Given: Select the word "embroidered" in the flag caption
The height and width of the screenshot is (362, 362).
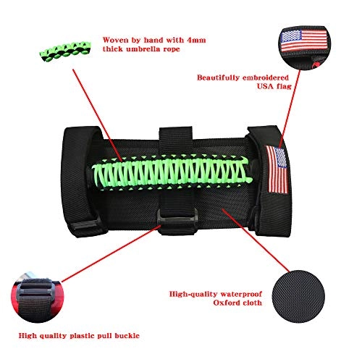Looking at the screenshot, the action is pyautogui.click(x=266, y=77).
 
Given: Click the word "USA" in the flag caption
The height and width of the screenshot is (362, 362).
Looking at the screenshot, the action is pyautogui.click(x=264, y=86).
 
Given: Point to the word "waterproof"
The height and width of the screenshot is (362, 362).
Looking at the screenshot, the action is pyautogui.click(x=241, y=295).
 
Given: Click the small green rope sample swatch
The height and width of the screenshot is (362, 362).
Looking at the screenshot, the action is pyautogui.click(x=65, y=51).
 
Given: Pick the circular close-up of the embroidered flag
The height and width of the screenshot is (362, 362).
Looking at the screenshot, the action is pyautogui.click(x=305, y=47).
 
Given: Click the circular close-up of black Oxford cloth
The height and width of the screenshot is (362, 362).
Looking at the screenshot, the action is pyautogui.click(x=298, y=297).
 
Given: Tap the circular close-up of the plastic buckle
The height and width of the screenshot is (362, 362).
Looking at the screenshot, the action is pyautogui.click(x=38, y=298).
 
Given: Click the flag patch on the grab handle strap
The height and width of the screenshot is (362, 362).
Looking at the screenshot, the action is pyautogui.click(x=277, y=169).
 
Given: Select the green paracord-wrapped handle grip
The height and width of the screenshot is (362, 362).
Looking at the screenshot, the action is pyautogui.click(x=172, y=172).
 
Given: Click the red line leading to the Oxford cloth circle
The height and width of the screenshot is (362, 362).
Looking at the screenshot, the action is pyautogui.click(x=256, y=240).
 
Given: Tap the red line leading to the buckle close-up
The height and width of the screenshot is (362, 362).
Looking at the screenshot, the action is pyautogui.click(x=111, y=253).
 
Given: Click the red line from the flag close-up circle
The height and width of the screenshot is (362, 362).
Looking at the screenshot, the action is pyautogui.click(x=290, y=109).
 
